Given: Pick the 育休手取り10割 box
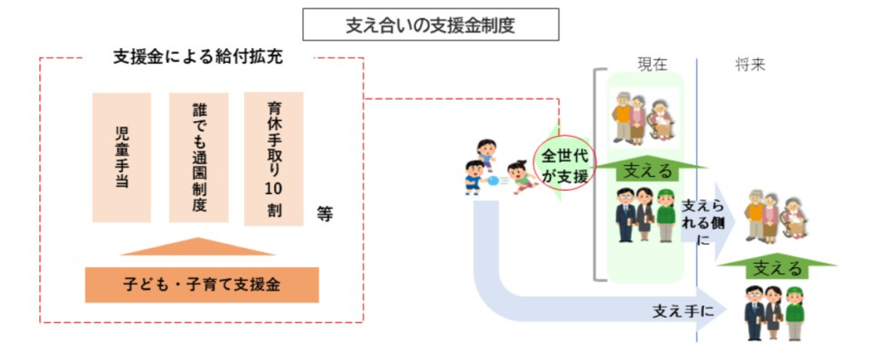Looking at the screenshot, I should coord(274,159).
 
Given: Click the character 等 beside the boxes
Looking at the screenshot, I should coord(324,215).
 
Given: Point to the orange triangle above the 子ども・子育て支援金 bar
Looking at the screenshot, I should coord(199,247).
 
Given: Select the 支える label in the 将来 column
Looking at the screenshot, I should coord(776,267).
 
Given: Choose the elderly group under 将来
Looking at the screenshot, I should coord(776,215).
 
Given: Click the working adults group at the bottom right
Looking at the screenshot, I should coord(774,313).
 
